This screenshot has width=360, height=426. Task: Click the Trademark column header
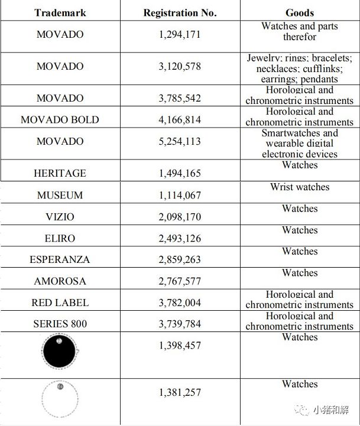coord(60,12)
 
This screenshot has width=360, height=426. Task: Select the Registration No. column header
coord(180,12)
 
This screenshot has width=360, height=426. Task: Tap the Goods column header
coord(300,12)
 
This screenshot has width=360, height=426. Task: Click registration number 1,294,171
coord(180,34)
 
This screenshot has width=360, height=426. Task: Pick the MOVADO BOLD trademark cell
coord(60,119)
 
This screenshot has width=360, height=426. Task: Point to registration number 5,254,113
coord(180,141)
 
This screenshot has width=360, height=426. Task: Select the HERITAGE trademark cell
coord(60,173)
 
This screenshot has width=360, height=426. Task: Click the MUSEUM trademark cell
coord(60,195)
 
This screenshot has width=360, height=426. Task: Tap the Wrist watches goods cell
coord(300,187)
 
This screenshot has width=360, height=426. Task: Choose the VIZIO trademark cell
coord(60,217)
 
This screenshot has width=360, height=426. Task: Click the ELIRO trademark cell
coord(60,238)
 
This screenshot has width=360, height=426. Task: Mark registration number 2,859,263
coord(180,259)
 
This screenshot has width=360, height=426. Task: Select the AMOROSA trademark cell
coord(60,281)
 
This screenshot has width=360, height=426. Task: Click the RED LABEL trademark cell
coord(60,303)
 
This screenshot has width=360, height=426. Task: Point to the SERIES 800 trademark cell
coord(60,324)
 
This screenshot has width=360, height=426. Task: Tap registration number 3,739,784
coord(180,324)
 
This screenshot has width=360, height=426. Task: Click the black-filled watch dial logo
coord(59,353)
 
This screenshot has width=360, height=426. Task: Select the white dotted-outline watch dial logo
coord(59,401)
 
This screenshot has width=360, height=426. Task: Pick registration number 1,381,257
coord(180,392)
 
